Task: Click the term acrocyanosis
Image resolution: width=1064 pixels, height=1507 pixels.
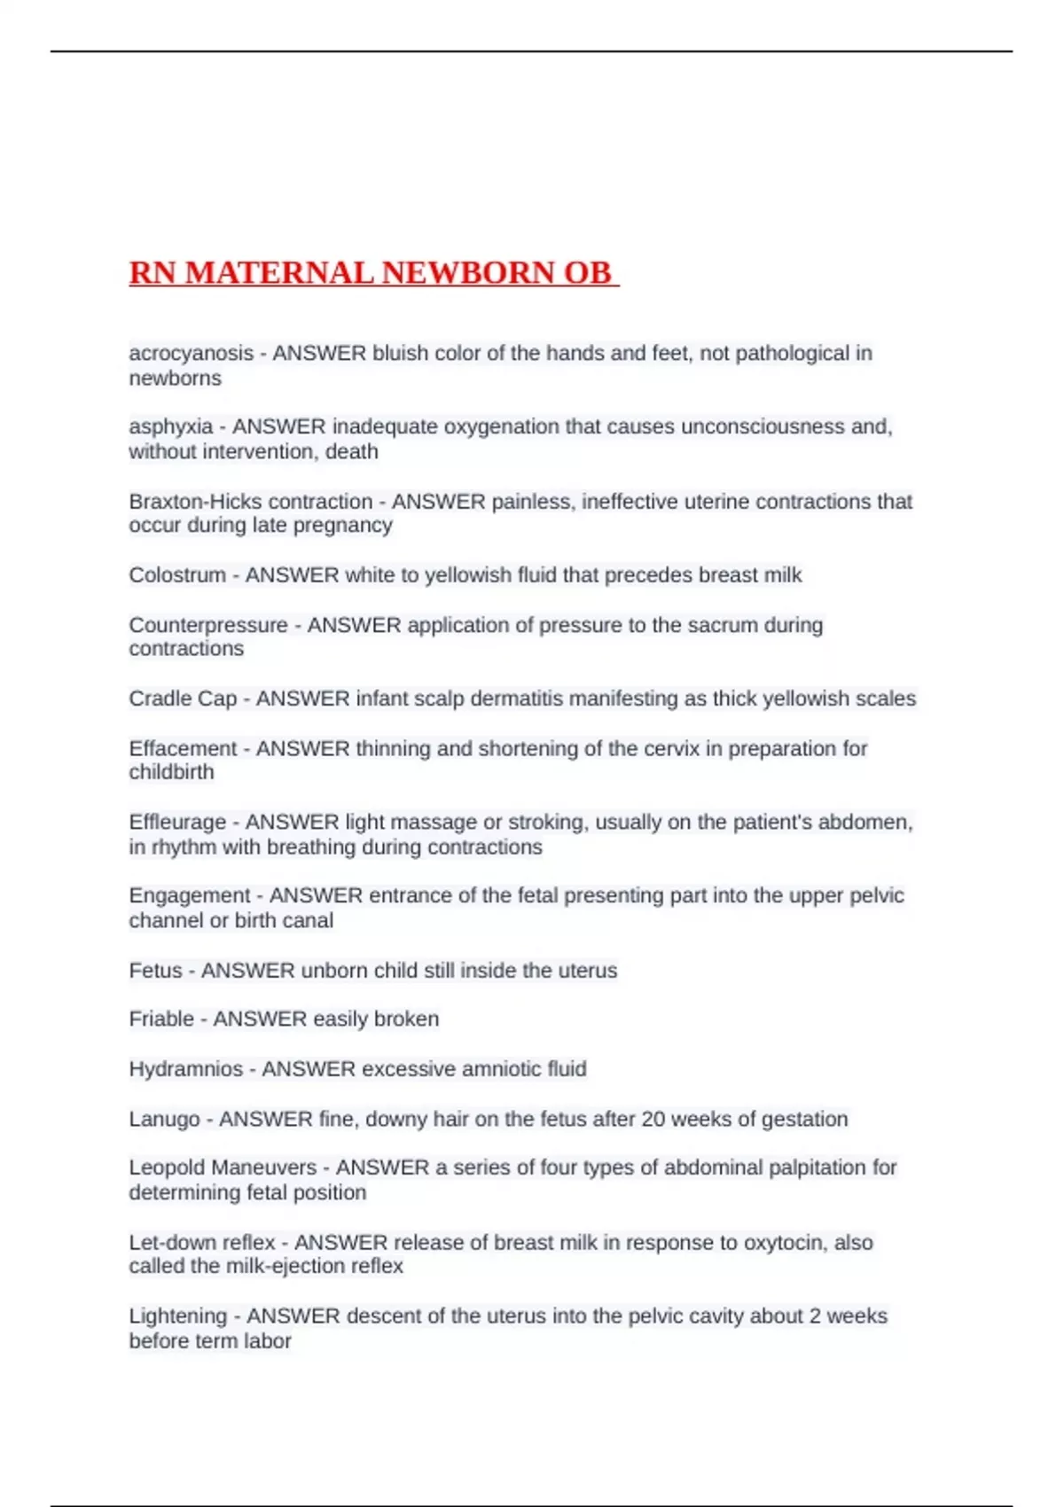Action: (191, 353)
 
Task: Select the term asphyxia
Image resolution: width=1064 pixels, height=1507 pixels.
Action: (170, 426)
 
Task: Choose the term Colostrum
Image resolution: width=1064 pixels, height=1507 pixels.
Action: (177, 574)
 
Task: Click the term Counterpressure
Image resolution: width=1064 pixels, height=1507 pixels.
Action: (207, 625)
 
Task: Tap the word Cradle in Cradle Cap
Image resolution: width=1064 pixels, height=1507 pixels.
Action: (158, 699)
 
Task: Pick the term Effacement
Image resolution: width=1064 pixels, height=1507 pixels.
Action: (183, 748)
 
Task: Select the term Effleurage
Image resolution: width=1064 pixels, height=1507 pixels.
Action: (177, 822)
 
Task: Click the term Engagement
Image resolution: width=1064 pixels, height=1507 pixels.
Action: (189, 895)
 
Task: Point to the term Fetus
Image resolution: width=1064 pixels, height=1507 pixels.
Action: (155, 970)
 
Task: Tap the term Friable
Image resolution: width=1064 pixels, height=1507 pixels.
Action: (160, 1019)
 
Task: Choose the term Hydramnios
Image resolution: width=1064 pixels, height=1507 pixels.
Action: (185, 1068)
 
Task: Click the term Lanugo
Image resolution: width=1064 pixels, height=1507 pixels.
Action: (164, 1119)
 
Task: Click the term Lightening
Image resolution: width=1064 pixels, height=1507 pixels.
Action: (177, 1316)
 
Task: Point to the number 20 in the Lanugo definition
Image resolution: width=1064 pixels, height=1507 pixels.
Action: (653, 1119)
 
